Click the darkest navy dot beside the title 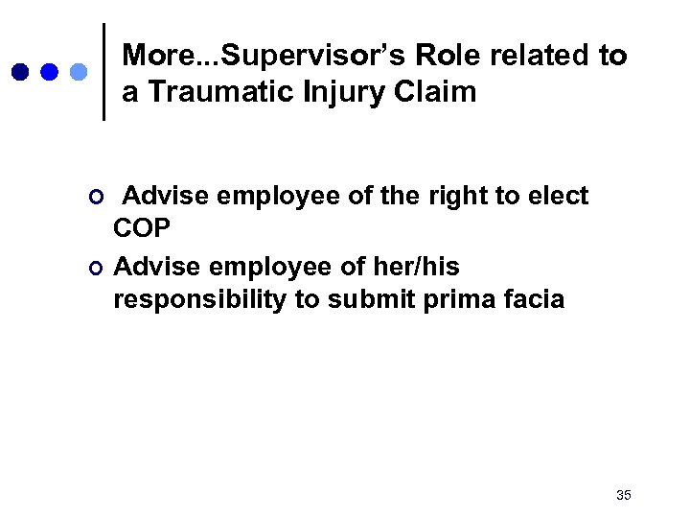pyautogui.click(x=21, y=72)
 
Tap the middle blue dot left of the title pyautogui.click(x=50, y=72)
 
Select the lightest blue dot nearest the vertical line pyautogui.click(x=79, y=72)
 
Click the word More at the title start pyautogui.click(x=155, y=56)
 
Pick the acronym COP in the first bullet pyautogui.click(x=143, y=230)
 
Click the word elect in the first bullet pyautogui.click(x=559, y=197)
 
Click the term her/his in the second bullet pyautogui.click(x=418, y=266)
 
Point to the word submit pyautogui.click(x=365, y=299)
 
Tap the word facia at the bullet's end pyautogui.click(x=533, y=299)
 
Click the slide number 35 pyautogui.click(x=623, y=495)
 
